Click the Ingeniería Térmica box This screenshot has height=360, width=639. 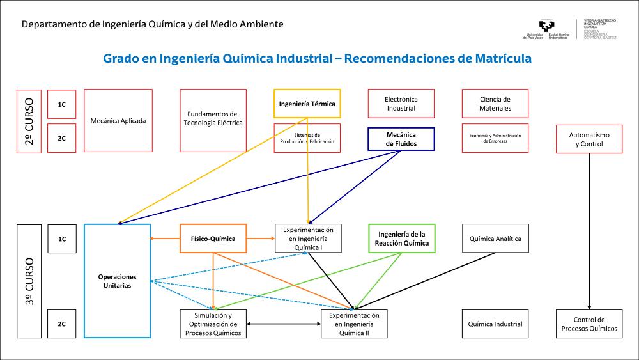(307, 104)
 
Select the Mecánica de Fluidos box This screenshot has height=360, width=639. (401, 139)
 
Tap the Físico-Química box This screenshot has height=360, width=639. (213, 239)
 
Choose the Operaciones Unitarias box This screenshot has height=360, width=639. (117, 281)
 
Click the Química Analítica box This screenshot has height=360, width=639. (495, 239)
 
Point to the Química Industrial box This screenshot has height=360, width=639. (495, 324)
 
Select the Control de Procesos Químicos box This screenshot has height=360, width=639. (589, 324)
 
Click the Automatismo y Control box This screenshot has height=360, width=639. (589, 139)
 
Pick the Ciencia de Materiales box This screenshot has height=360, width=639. (495, 104)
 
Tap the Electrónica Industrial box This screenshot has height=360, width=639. (401, 104)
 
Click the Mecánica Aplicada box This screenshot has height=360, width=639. (118, 120)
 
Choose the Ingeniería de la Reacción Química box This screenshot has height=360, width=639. (402, 239)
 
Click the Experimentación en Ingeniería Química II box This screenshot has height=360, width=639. (354, 324)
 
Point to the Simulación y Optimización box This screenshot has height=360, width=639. (213, 324)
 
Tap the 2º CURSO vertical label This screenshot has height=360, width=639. (29, 121)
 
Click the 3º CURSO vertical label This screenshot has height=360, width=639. (29, 281)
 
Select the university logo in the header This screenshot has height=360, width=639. (547, 27)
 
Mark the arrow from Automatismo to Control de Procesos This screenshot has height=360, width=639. (589, 230)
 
